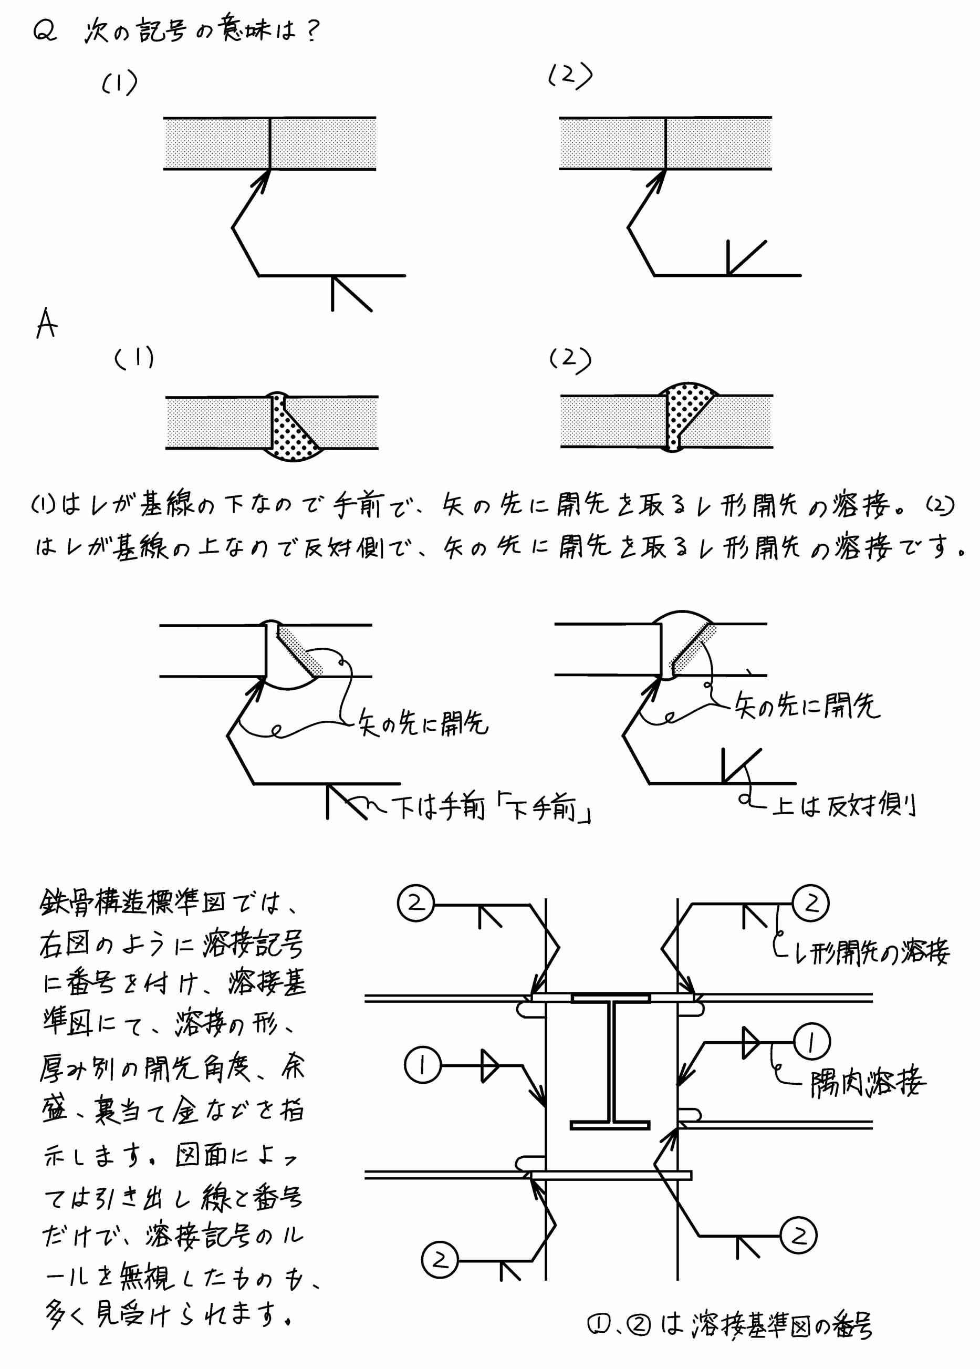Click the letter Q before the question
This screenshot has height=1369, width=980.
coord(45,30)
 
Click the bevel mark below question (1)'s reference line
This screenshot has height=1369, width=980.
coord(351,294)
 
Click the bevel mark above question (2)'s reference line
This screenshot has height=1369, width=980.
coord(746,258)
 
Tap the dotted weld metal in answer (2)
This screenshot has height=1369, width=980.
coord(685,413)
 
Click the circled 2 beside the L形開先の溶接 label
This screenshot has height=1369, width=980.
coord(811,903)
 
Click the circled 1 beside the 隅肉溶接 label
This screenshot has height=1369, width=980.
coord(811,1042)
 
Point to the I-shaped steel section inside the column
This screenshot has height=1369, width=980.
coord(611,1062)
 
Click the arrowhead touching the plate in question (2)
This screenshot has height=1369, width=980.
coord(656,181)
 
